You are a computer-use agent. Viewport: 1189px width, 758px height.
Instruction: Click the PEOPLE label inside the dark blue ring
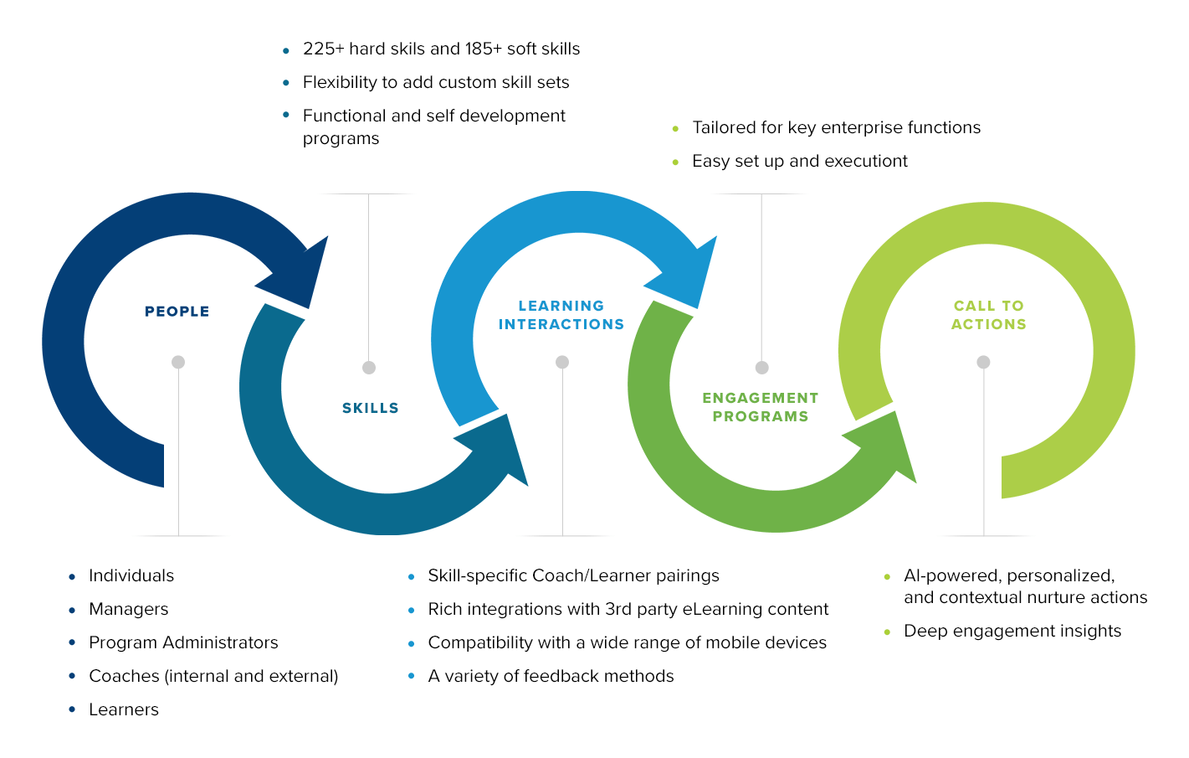177,312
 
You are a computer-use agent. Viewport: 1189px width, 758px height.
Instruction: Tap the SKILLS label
371,408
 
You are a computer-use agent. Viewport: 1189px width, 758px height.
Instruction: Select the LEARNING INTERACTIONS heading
561,315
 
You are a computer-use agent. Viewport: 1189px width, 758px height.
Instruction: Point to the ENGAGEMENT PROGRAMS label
761,407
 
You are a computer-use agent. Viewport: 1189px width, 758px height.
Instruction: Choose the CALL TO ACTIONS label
989,315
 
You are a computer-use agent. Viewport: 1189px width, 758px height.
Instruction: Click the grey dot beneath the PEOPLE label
178,363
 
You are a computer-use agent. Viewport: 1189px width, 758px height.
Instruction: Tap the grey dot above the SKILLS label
369,368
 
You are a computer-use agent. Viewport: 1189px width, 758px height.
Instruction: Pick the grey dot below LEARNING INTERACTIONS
562,363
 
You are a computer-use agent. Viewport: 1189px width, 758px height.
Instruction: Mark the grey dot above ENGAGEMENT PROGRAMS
761,368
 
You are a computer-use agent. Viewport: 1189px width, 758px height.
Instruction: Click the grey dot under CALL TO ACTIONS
983,363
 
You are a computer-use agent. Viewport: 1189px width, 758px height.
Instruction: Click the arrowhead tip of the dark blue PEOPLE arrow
310,307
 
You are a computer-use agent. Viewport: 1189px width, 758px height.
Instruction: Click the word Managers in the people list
129,609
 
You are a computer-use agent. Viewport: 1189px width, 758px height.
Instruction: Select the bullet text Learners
124,709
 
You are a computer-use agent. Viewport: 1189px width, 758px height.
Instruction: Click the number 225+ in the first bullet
324,49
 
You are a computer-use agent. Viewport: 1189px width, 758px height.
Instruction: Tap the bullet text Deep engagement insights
1012,631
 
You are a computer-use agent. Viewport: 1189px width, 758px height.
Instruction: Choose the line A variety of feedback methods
551,676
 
